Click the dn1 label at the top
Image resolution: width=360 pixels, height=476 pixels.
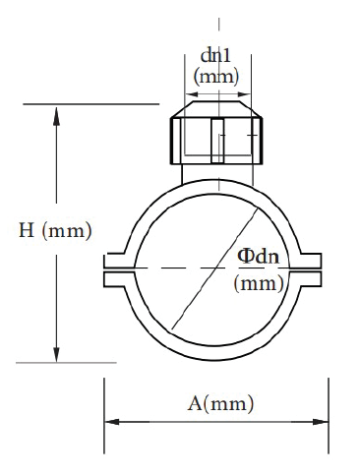(x=215, y=55)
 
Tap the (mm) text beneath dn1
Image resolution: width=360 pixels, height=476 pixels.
(x=216, y=77)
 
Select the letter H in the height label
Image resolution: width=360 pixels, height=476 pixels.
(x=27, y=230)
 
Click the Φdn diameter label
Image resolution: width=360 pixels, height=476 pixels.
(x=259, y=256)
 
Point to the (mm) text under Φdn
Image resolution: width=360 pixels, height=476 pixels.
(x=259, y=283)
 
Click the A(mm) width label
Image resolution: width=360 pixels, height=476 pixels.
(x=220, y=403)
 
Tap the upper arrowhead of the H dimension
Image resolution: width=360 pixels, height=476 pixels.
(x=57, y=116)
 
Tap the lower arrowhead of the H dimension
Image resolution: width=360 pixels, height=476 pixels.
(x=57, y=353)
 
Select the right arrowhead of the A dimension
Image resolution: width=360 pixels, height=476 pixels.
(x=321, y=422)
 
